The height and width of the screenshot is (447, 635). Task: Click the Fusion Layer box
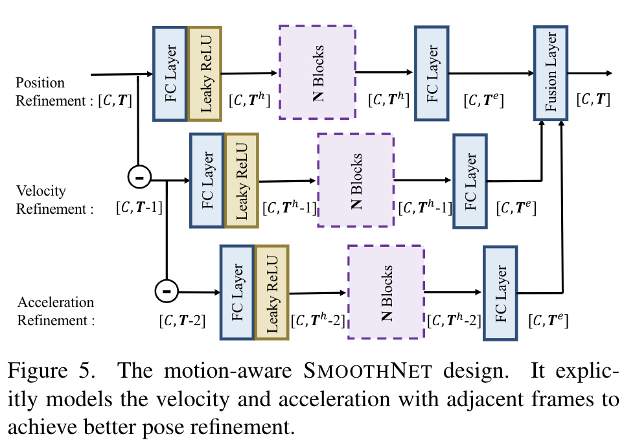pos(551,73)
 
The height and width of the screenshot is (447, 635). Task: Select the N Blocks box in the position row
pos(317,72)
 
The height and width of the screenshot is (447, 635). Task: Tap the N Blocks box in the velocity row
pos(354,179)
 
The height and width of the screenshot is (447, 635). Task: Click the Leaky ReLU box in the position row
pos(205,73)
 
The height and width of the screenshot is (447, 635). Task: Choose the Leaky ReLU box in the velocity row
pos(241,180)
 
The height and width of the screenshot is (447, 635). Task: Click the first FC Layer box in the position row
pos(170,73)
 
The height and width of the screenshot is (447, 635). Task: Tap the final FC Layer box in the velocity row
pos(470,181)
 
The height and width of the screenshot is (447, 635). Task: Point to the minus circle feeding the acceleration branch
pos(167,291)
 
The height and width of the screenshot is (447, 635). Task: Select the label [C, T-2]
pos(182,319)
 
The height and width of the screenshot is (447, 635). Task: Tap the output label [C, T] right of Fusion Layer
pos(593,99)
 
